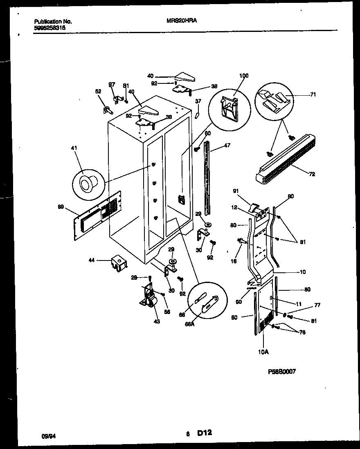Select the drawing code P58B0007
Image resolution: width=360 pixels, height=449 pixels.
282,371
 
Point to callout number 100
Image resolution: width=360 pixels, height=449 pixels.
244,76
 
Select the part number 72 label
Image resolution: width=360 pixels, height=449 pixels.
312,174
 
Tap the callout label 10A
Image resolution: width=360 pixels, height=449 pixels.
264,351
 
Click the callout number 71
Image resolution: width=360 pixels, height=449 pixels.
313,94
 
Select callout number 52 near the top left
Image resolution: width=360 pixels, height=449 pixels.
98,92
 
